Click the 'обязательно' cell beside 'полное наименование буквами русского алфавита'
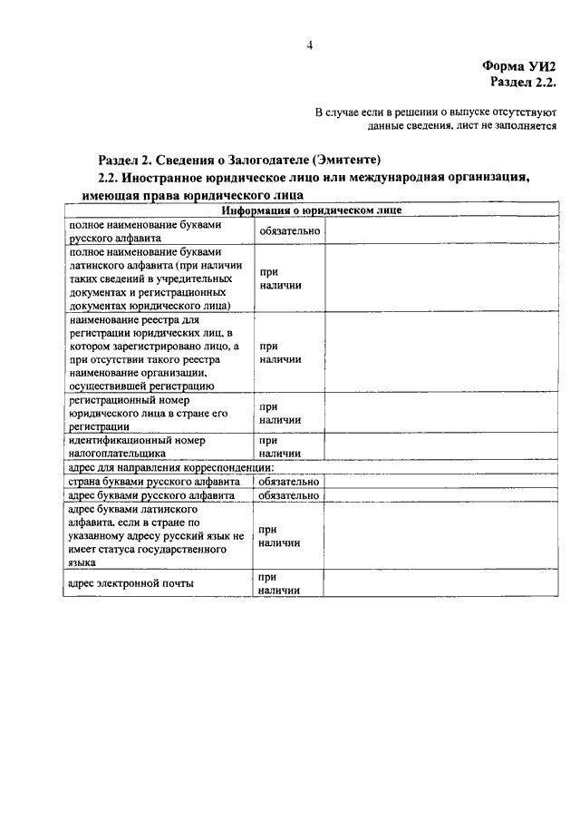click(x=289, y=230)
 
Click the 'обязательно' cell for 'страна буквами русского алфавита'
click(x=289, y=482)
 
